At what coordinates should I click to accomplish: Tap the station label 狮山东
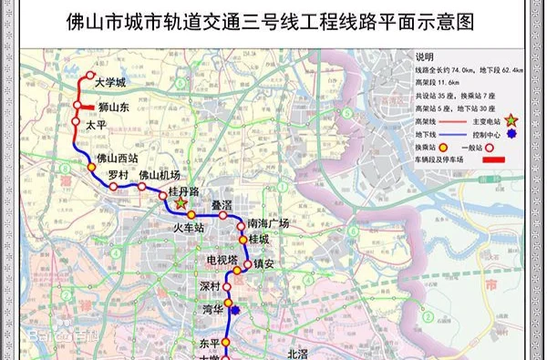[x=114, y=107]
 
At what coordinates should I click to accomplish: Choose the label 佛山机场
[x=160, y=175]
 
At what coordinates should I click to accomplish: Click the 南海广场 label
[x=268, y=223]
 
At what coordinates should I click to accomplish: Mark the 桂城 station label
[x=259, y=240]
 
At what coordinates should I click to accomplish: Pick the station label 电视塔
[x=222, y=262]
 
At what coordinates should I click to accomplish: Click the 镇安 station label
[x=263, y=264]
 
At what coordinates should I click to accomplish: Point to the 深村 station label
[x=210, y=286]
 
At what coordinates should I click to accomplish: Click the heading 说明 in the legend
[x=426, y=57]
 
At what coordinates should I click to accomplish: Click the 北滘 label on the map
[x=296, y=353]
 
